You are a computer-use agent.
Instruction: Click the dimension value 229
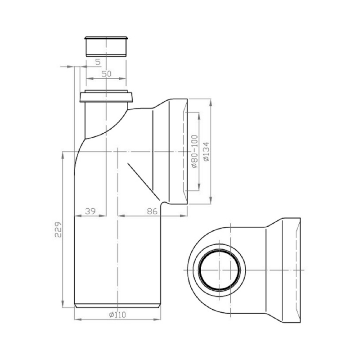[x=58, y=229]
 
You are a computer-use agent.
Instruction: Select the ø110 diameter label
[x=117, y=315]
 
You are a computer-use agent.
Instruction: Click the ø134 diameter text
[x=206, y=151]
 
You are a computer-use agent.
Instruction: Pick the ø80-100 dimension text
[x=194, y=151]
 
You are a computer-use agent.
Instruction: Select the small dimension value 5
[x=97, y=62]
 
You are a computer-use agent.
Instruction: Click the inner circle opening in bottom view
[x=220, y=270]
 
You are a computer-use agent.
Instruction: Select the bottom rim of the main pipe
[x=117, y=307]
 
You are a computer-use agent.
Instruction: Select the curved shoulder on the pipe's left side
[x=80, y=144]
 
